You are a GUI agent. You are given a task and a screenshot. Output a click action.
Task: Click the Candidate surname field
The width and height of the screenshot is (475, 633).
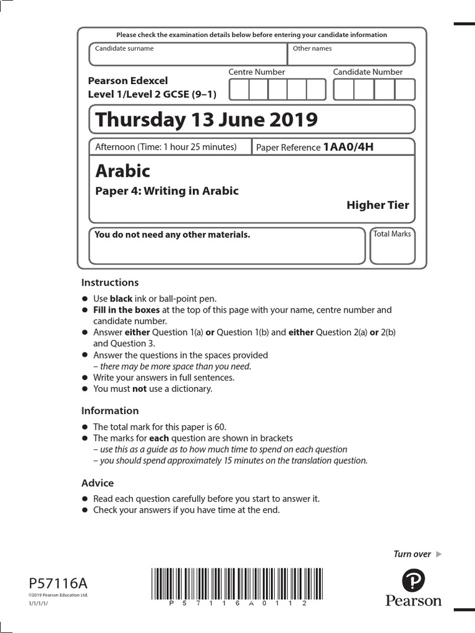tap(188, 54)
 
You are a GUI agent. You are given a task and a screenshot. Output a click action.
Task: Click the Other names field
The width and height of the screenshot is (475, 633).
tap(351, 54)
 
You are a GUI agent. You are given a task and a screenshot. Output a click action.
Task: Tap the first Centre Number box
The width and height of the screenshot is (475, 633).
tap(239, 90)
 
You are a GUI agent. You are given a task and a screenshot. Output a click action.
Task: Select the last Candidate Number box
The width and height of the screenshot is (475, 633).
tap(405, 90)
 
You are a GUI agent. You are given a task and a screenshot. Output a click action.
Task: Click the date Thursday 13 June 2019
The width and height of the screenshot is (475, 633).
tap(207, 119)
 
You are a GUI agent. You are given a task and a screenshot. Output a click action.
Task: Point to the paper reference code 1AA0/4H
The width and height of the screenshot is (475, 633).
tap(349, 147)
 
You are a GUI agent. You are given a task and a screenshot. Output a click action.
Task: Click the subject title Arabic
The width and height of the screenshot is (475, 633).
tap(123, 170)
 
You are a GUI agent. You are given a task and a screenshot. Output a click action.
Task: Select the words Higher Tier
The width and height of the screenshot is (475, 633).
tap(377, 205)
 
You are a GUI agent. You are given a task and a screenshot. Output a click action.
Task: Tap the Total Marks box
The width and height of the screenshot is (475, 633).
tap(392, 246)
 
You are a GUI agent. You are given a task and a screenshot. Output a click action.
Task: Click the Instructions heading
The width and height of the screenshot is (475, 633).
tap(110, 283)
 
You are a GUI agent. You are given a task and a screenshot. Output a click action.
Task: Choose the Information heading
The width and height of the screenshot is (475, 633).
tap(110, 410)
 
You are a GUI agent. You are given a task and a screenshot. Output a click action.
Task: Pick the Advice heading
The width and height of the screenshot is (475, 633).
tap(98, 483)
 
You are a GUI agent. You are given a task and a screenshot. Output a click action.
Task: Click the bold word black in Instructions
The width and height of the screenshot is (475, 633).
tap(122, 299)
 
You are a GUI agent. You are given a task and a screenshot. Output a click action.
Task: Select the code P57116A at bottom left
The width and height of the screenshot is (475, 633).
tap(59, 583)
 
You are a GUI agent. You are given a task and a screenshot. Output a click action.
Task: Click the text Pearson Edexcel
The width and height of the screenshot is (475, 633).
tap(128, 80)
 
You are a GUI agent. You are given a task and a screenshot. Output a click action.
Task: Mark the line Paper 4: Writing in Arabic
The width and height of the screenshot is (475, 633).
tap(166, 191)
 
